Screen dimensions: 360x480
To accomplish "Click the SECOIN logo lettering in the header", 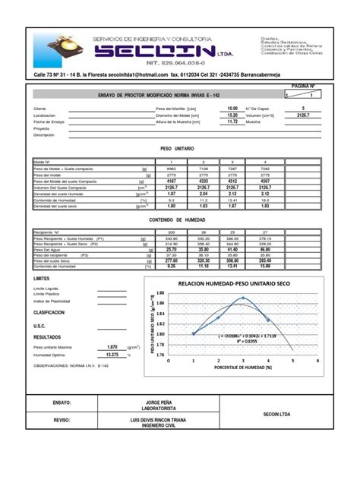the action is coord(159,51).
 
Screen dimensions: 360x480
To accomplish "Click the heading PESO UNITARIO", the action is coord(176,150).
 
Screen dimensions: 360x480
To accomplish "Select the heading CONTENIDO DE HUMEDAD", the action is coord(176,219).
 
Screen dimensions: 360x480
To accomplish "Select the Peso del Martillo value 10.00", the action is coord(232,109).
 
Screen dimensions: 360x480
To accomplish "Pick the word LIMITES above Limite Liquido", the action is coord(41,279).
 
